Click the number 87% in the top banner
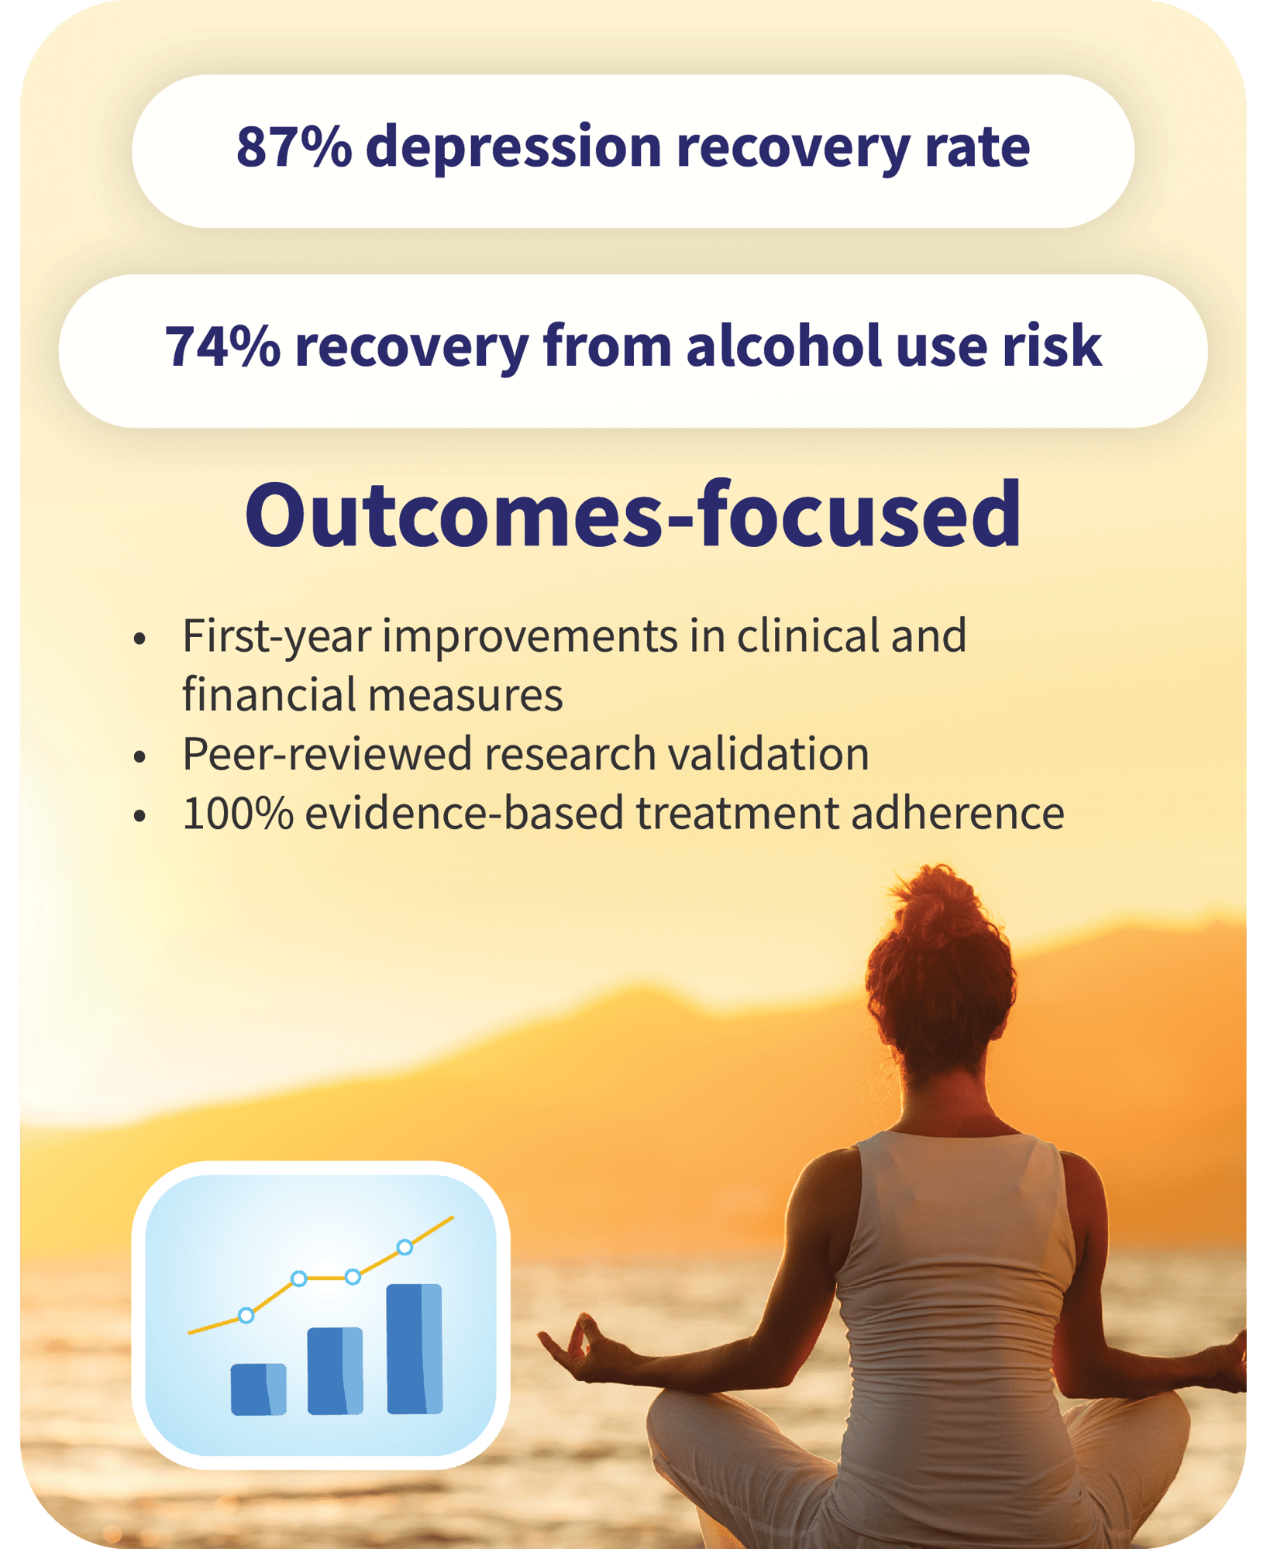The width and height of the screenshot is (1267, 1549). (294, 146)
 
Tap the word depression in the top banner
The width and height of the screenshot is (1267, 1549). (513, 146)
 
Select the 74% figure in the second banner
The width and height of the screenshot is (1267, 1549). (222, 346)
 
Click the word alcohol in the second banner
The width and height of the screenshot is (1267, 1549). (783, 346)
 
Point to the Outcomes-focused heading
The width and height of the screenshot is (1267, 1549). (633, 515)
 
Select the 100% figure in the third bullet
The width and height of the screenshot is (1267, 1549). (238, 814)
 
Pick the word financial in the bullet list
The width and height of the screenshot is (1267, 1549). (268, 694)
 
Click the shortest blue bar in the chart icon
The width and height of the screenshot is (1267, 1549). (258, 1389)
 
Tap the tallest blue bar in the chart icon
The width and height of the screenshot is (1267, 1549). (415, 1348)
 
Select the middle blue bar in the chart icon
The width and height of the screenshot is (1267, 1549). (335, 1370)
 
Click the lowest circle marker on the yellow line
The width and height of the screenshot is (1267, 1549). (246, 1315)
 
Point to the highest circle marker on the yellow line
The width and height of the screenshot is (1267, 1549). (405, 1247)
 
